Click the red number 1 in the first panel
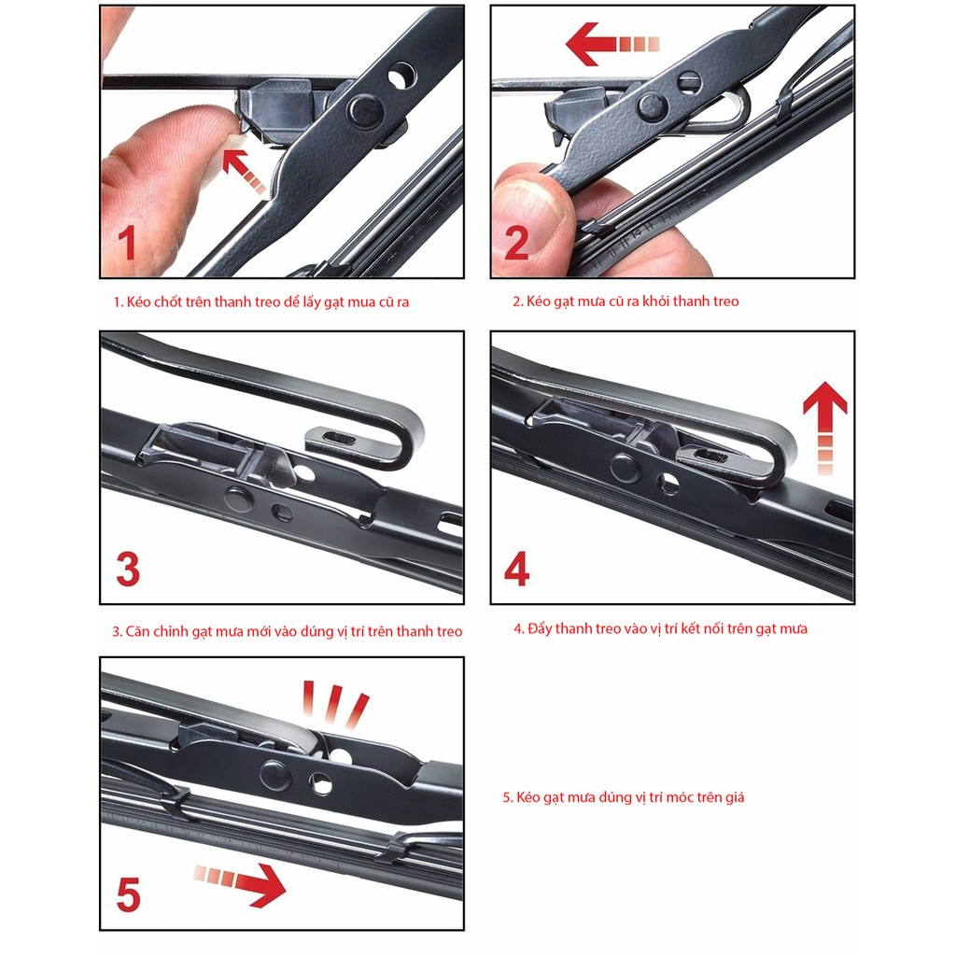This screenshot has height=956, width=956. [x=127, y=242]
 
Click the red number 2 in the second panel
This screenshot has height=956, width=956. [x=516, y=242]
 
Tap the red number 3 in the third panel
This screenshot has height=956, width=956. [x=128, y=569]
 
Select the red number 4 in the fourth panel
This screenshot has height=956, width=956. [x=517, y=569]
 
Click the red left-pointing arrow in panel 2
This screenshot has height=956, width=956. [x=612, y=44]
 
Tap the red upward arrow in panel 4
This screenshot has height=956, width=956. [x=825, y=428]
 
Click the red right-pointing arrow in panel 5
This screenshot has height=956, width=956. [x=240, y=885]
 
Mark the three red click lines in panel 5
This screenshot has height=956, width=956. [x=335, y=705]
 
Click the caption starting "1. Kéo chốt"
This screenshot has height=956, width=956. [x=261, y=302]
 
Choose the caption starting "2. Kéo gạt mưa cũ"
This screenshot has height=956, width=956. [x=626, y=302]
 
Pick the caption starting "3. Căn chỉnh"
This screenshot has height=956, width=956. [x=288, y=631]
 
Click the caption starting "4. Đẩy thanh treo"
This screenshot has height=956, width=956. [x=660, y=628]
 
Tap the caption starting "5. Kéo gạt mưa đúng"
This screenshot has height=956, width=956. [x=623, y=797]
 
